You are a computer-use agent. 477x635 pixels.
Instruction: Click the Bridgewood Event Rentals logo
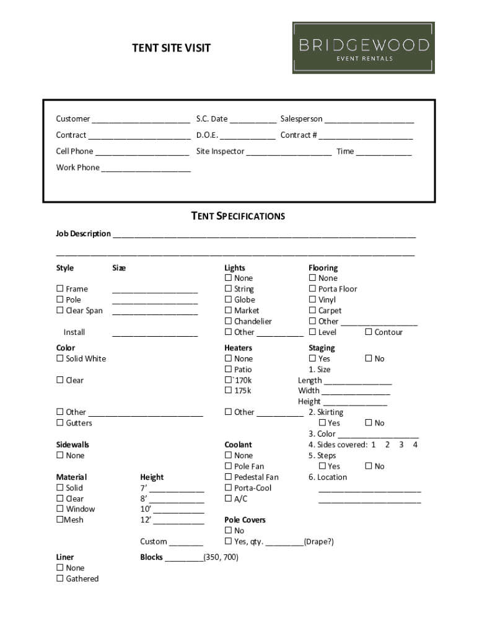[363, 48]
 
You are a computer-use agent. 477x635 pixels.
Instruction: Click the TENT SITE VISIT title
[171, 48]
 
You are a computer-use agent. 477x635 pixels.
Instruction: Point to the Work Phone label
[77, 167]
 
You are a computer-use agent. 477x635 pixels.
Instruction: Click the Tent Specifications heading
[238, 216]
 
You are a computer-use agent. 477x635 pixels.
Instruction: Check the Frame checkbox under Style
[60, 289]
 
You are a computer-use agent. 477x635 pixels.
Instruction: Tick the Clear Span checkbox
[60, 311]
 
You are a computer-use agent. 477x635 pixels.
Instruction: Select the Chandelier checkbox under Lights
[228, 321]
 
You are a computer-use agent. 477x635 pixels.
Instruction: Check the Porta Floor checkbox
[313, 289]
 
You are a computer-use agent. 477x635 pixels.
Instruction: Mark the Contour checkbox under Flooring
[369, 332]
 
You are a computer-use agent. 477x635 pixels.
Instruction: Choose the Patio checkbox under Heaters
[228, 370]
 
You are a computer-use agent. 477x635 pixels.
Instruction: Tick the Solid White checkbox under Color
[60, 359]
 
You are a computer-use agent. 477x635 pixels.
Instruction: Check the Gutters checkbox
[60, 423]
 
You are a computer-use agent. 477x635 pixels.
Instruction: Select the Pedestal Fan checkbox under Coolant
[228, 477]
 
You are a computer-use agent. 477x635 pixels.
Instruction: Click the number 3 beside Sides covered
[401, 445]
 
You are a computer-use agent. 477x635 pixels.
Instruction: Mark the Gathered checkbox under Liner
[60, 579]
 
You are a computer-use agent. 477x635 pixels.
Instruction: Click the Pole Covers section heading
[245, 520]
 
